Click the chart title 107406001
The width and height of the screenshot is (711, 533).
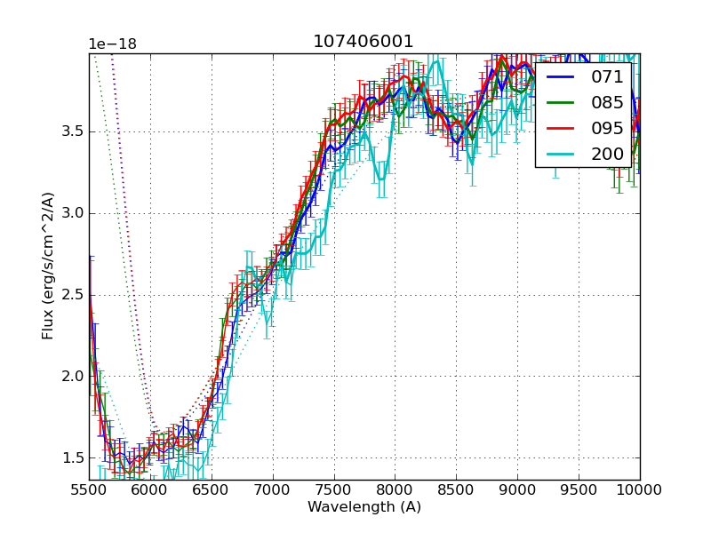(363, 42)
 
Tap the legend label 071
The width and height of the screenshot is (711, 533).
(607, 77)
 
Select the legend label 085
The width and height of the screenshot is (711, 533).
(607, 102)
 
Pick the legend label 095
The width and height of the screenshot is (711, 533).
(607, 128)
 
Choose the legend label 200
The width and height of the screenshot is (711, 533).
(607, 154)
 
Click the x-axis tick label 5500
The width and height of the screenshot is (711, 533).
(89, 489)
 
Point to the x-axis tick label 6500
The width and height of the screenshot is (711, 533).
(212, 489)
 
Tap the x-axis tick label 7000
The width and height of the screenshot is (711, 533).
(273, 489)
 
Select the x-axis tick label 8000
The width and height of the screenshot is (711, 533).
(395, 489)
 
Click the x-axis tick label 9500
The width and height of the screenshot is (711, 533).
(579, 489)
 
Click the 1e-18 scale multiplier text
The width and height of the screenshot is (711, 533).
(112, 44)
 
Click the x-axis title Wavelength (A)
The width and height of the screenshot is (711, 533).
(364, 507)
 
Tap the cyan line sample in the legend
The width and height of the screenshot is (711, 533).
(562, 154)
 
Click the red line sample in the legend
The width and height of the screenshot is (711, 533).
(562, 128)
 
